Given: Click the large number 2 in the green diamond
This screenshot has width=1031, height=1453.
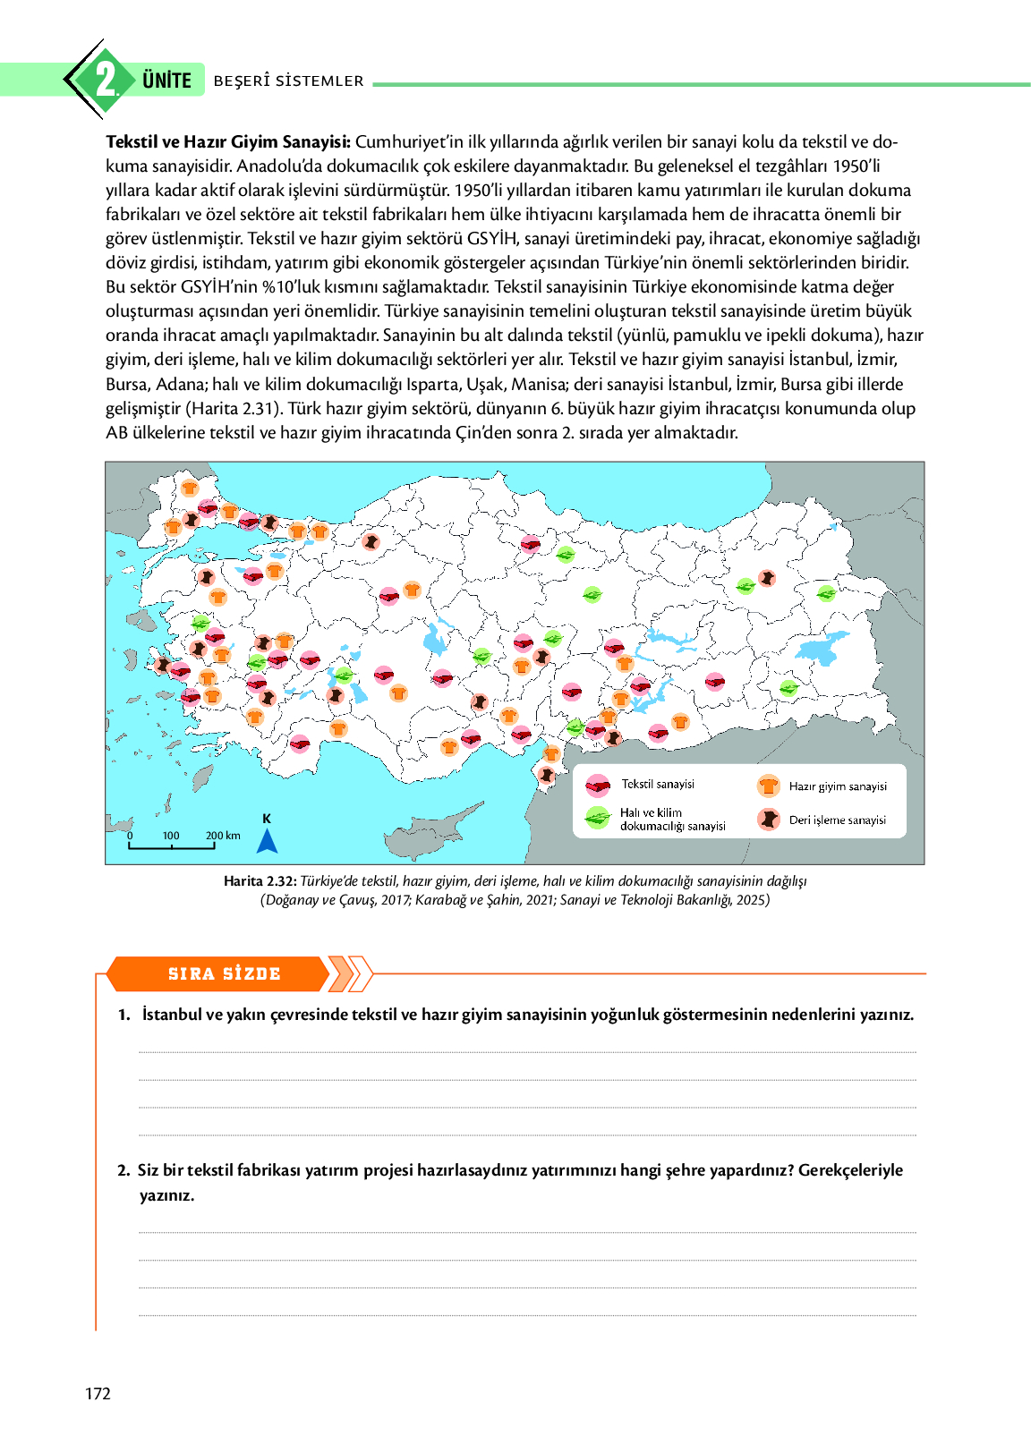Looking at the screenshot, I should pyautogui.click(x=106, y=80).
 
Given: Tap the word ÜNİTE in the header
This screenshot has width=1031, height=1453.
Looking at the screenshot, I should pyautogui.click(x=166, y=81).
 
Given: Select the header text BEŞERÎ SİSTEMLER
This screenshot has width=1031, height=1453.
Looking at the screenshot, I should pyautogui.click(x=288, y=81).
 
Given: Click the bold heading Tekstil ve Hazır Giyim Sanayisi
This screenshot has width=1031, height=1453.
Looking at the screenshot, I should pyautogui.click(x=227, y=141).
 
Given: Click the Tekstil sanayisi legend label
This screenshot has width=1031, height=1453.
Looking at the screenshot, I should pyautogui.click(x=658, y=785).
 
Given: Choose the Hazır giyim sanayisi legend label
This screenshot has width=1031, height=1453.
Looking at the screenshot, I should pyautogui.click(x=838, y=786).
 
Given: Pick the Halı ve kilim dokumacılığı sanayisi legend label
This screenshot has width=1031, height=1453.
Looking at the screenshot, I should pyautogui.click(x=672, y=820).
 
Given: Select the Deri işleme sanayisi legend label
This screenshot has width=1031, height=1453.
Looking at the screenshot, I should pyautogui.click(x=837, y=820).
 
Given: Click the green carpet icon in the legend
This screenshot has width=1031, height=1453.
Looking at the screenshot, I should pyautogui.click(x=597, y=818).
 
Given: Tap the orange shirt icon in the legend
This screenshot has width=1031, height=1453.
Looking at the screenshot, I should pyautogui.click(x=768, y=786).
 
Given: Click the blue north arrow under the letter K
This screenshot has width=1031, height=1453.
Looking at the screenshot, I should pyautogui.click(x=267, y=841).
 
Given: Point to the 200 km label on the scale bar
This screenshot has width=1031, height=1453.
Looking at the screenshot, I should pyautogui.click(x=223, y=836).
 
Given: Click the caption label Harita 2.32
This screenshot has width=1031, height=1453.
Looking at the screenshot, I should pyautogui.click(x=260, y=881).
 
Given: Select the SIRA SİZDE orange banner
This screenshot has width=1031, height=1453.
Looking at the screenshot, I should pyautogui.click(x=224, y=974).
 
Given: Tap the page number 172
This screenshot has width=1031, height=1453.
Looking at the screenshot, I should pyautogui.click(x=98, y=1393).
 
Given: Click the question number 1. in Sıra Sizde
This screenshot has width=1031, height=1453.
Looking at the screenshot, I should pyautogui.click(x=124, y=1015).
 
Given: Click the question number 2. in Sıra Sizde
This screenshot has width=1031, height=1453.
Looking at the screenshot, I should pyautogui.click(x=124, y=1170).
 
